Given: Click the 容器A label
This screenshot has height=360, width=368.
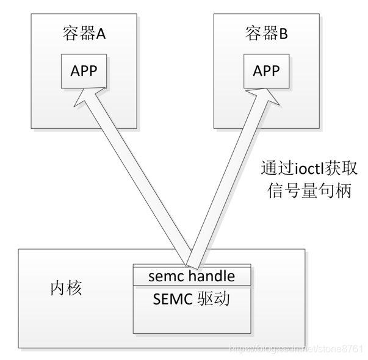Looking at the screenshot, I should [84, 34].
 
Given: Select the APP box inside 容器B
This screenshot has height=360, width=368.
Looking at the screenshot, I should [266, 70].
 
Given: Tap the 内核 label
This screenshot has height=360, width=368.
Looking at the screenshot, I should [66, 288].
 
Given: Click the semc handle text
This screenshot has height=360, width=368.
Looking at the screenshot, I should [192, 276].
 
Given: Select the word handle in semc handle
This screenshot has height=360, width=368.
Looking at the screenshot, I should [211, 276].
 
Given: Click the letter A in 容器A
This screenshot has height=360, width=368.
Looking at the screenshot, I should [101, 34].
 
